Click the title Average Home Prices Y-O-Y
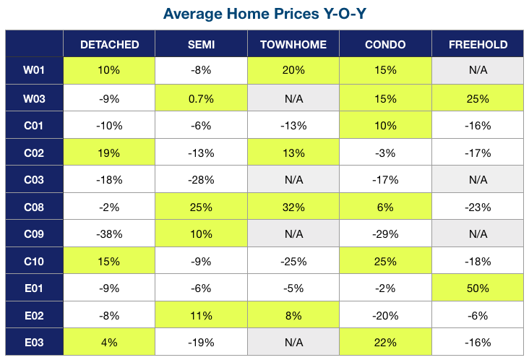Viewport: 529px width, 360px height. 264,14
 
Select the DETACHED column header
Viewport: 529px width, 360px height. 109,45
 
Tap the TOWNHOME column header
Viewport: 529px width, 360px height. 293,45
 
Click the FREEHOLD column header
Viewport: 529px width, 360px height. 478,45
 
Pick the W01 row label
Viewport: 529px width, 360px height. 34,70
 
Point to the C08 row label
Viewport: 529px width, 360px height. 34,207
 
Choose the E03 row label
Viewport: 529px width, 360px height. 34,343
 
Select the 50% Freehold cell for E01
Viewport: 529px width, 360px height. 478,288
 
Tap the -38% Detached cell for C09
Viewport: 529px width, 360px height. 109,233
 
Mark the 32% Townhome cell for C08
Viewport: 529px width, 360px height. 293,207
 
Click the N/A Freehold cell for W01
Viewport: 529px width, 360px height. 478,70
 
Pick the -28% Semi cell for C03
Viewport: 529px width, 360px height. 201,180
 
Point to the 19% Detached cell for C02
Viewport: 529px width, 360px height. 108,153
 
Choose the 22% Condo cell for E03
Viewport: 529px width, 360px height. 385,343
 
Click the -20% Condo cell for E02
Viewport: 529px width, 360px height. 385,315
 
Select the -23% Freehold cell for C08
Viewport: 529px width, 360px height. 478,207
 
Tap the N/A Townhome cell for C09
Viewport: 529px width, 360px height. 293,233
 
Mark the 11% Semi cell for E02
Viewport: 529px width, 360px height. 201,315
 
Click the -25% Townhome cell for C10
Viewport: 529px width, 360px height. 293,261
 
